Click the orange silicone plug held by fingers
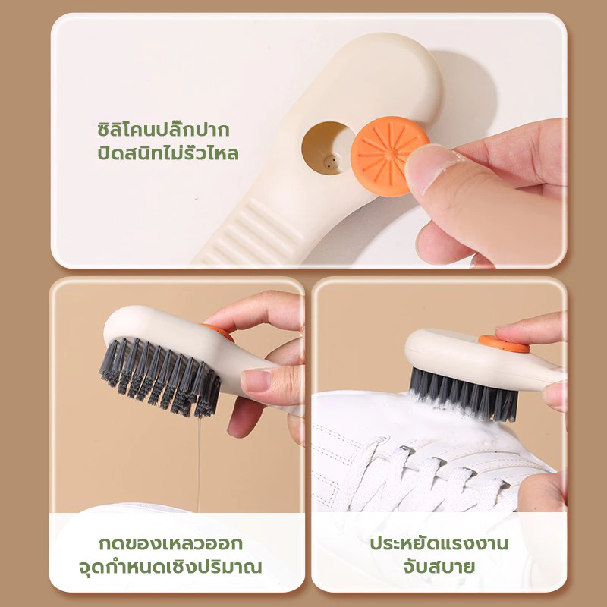[389, 156]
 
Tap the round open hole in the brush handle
[327, 148]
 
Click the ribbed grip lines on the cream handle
[256, 232]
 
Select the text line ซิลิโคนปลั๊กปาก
[163, 130]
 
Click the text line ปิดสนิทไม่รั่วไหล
[168, 153]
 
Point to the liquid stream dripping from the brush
[199, 464]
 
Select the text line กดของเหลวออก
[171, 543]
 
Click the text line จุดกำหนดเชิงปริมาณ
[170, 567]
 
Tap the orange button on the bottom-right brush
[504, 344]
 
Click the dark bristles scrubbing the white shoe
[464, 395]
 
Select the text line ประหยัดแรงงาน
[439, 543]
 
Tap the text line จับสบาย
[439, 567]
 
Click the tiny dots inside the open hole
[329, 162]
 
